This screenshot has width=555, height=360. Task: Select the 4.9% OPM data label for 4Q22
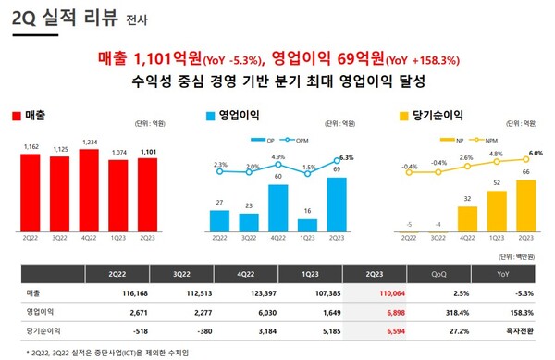[279, 157]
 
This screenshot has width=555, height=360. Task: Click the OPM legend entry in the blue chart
[298, 141]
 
